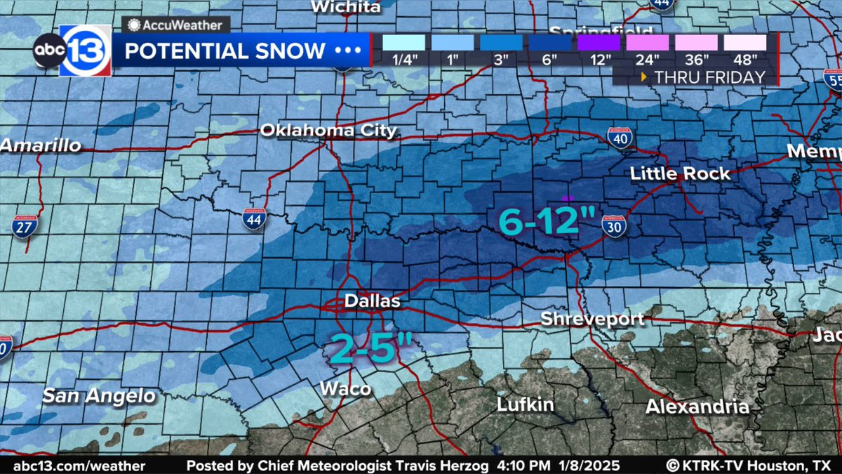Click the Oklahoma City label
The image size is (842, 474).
pos(328,131)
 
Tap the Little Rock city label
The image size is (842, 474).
pos(680,173)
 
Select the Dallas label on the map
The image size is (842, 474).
pos(372,301)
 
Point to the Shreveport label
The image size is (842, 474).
pos(592,319)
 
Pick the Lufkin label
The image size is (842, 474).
pos(526,404)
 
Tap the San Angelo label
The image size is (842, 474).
pos(99,396)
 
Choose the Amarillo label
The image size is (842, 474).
pos(41,146)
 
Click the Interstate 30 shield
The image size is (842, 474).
pos(614,228)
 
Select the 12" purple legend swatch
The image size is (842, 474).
pos(599,42)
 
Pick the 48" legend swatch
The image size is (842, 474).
pos(746,42)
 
